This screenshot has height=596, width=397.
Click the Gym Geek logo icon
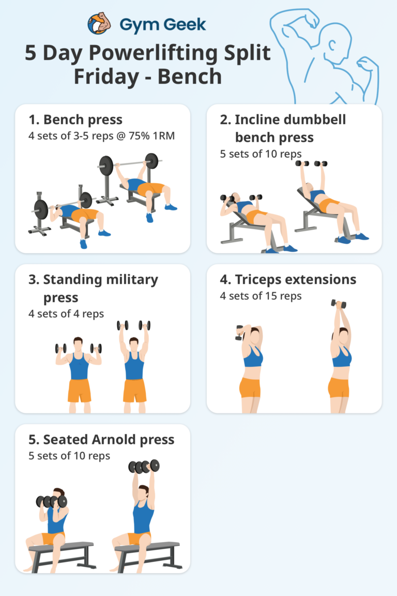[x=99, y=24]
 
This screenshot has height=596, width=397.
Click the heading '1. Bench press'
[x=75, y=120]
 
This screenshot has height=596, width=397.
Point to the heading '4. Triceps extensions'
[x=288, y=280]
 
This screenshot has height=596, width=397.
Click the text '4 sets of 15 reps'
[x=261, y=296]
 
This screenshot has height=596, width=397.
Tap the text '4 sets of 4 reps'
[x=66, y=314]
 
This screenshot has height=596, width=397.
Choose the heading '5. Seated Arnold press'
[x=101, y=440]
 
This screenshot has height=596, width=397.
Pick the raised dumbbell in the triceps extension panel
[x=339, y=304]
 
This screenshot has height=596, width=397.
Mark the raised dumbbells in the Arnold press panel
[x=144, y=466]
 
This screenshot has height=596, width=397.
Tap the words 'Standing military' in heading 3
[x=100, y=280]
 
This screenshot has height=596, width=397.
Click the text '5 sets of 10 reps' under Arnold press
[x=69, y=456]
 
